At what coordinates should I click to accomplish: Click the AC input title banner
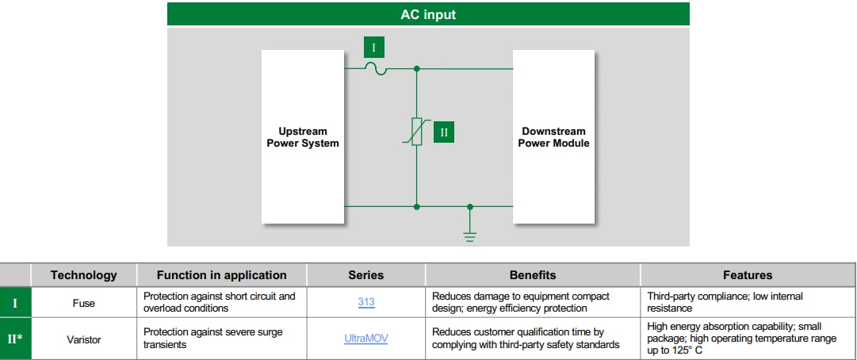428,14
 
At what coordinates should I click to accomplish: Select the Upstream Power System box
303,137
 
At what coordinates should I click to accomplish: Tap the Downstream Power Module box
553,137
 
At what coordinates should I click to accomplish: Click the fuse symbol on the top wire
375,70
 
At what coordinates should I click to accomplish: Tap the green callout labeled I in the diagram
374,48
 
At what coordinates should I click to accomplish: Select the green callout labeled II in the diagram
444,132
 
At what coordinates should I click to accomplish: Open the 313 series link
365,302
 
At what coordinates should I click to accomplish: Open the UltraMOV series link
365,339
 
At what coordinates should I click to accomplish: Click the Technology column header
83,275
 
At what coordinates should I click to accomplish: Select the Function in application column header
221,275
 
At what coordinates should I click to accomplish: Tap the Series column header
365,275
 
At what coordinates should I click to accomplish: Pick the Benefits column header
532,275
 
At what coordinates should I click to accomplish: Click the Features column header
747,275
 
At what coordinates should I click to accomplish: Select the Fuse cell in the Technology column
83,302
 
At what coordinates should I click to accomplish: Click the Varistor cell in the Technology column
83,339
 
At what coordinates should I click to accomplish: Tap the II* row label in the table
15,339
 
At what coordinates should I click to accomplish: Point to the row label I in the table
15,302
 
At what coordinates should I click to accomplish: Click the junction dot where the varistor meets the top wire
417,70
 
